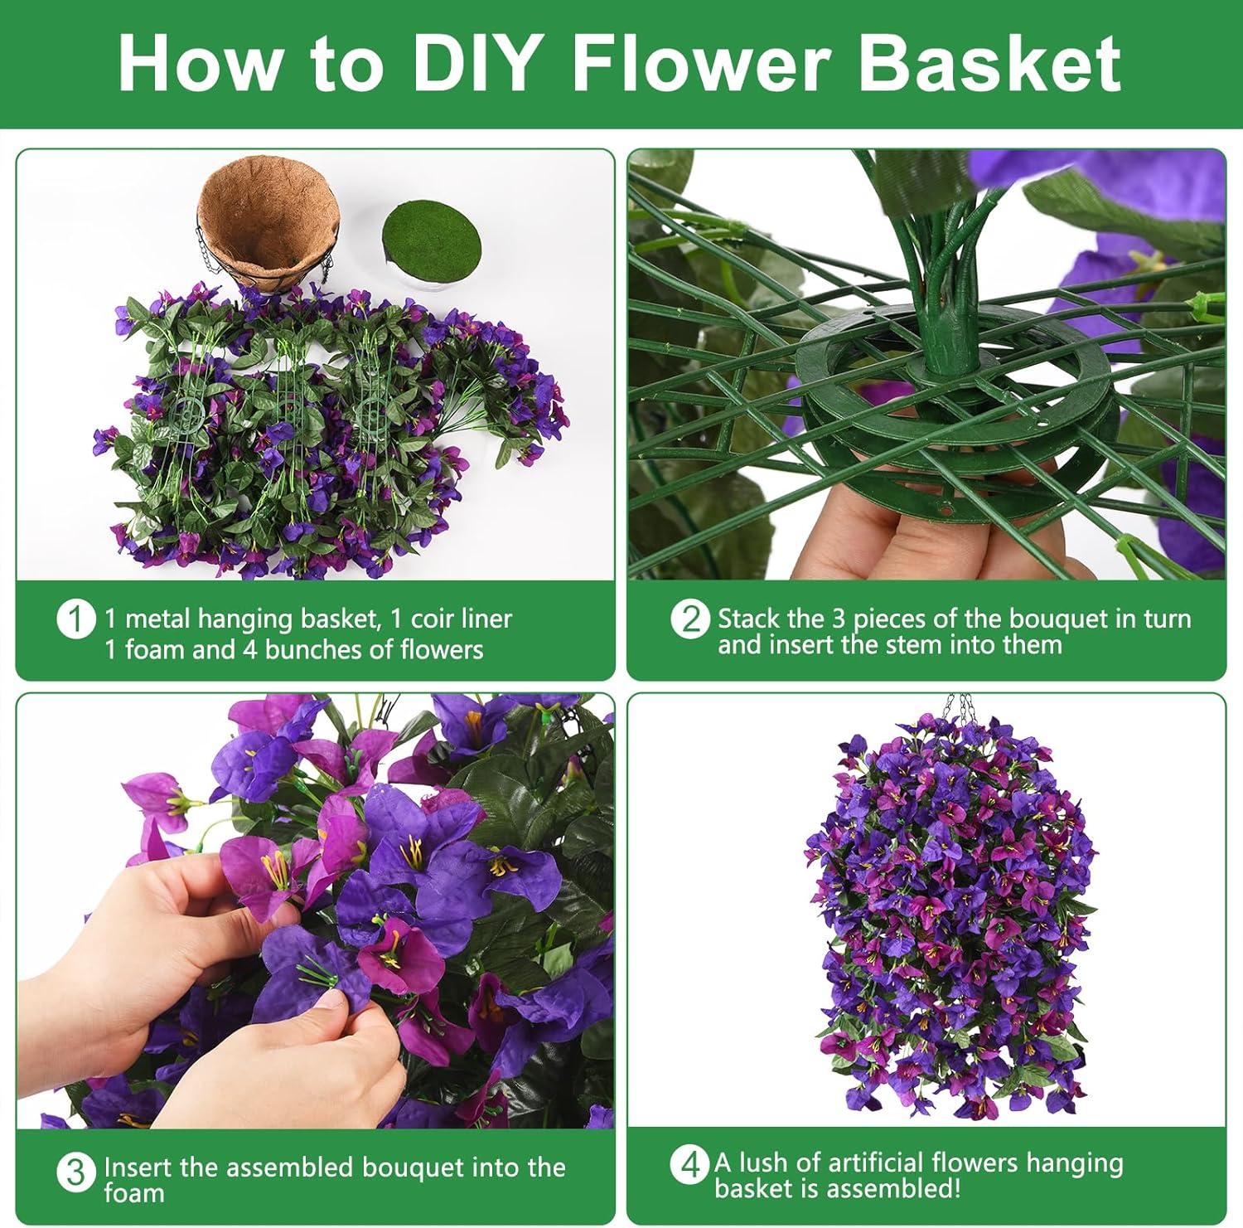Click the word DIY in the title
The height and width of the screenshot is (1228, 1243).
(471, 63)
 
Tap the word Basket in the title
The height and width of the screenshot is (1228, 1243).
(989, 63)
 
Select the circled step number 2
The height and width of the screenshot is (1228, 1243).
(690, 620)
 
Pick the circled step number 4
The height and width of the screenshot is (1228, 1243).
(690, 1165)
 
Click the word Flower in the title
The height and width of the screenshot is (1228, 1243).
(698, 63)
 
